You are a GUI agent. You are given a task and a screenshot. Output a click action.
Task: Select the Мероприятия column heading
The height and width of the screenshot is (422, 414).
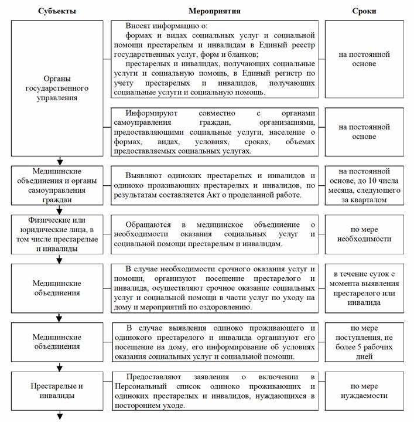click(214, 11)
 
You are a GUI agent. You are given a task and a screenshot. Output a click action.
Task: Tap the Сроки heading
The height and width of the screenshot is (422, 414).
click(364, 11)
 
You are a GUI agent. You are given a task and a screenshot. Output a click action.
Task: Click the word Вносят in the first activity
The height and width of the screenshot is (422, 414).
click(139, 26)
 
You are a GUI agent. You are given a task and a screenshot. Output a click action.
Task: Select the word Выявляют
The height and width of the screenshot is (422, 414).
click(145, 176)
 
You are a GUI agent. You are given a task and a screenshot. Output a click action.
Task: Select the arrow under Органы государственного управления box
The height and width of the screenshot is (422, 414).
click(59, 161)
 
